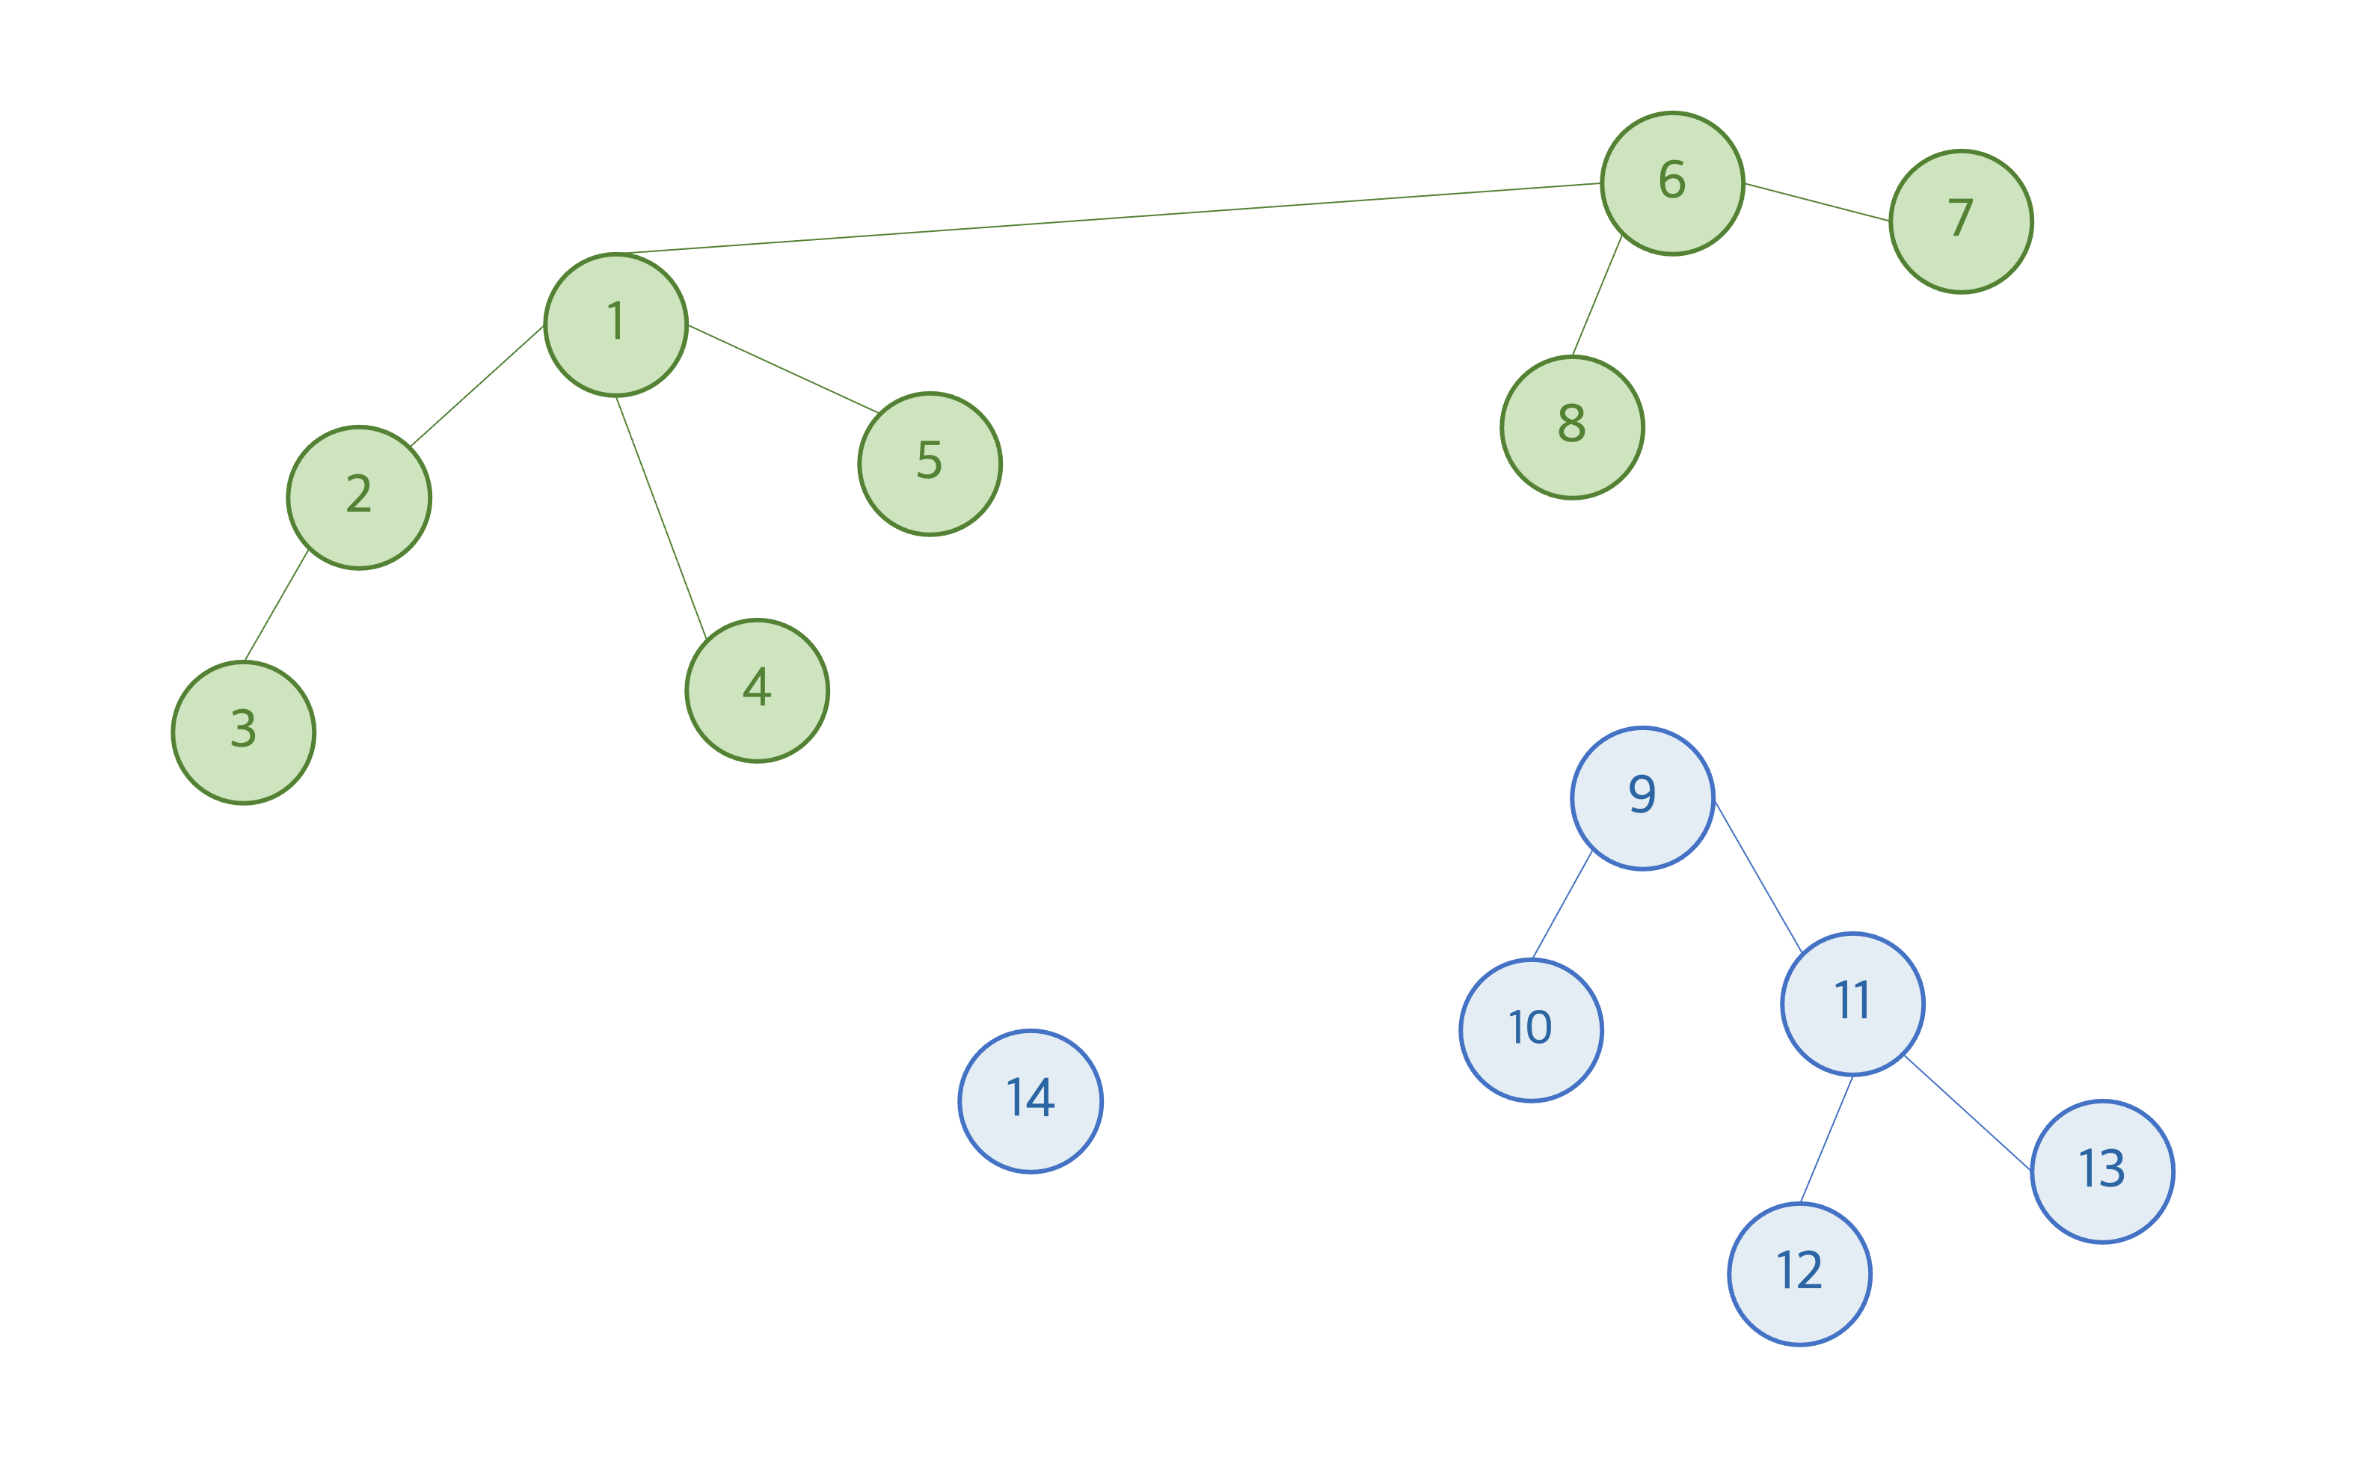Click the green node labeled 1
pyautogui.click(x=615, y=325)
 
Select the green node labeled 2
pyautogui.click(x=359, y=497)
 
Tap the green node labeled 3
pyautogui.click(x=244, y=732)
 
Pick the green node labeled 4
pyautogui.click(x=757, y=690)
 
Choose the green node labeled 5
pyautogui.click(x=930, y=464)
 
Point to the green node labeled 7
pyautogui.click(x=1960, y=221)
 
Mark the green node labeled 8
pyautogui.click(x=1572, y=427)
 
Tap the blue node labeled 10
pyautogui.click(x=1530, y=1029)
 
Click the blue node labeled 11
pyautogui.click(x=1852, y=1003)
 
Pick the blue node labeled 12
pyautogui.click(x=1799, y=1273)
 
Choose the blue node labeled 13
pyautogui.click(x=2102, y=1171)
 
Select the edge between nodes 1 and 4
pyautogui.click(x=661, y=518)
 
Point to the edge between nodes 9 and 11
pyautogui.click(x=1757, y=876)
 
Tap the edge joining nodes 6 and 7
pyautogui.click(x=1816, y=203)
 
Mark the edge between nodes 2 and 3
pyautogui.click(x=276, y=606)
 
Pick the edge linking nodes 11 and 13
pyautogui.click(x=1967, y=1112)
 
